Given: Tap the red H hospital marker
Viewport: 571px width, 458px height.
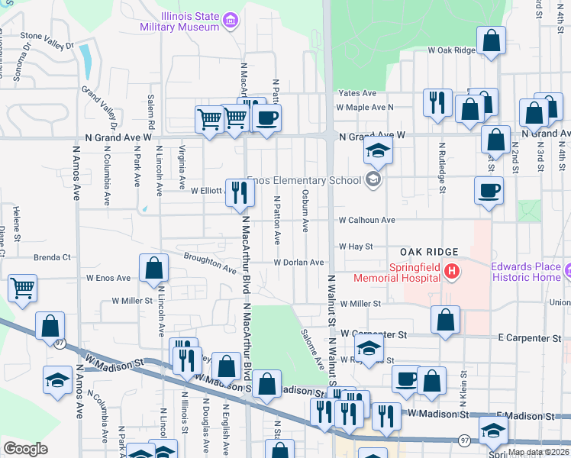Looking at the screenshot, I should point(452,270).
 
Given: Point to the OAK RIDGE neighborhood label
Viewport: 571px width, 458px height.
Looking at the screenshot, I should point(430,252).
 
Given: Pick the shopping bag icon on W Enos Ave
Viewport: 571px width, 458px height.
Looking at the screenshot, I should point(154,268).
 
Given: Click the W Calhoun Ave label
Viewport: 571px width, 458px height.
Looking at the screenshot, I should point(367,220).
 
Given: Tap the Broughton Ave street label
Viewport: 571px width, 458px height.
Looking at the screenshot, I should point(210,264).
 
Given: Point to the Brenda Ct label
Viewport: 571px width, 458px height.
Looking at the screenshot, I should point(51,258).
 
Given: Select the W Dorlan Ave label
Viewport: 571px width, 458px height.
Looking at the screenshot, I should point(300,263).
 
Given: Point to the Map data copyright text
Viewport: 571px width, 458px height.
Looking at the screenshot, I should point(537,452).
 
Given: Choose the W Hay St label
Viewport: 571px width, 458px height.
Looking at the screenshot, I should point(356,247).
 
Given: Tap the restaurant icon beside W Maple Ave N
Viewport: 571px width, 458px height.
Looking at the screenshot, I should point(437,103).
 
